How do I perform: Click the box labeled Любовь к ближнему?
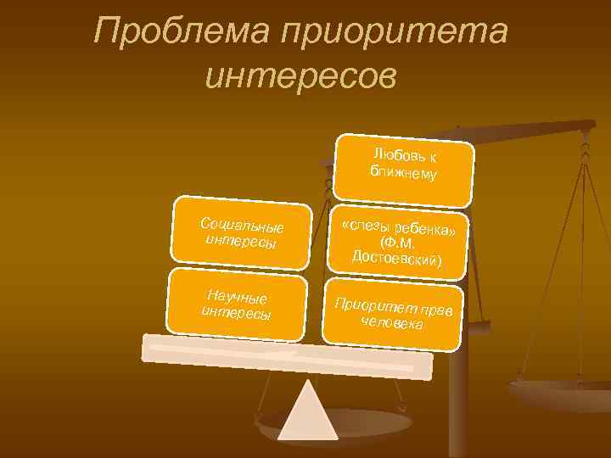(x=404, y=167)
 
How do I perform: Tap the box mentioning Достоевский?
(x=397, y=243)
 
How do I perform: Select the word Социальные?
(x=242, y=226)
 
